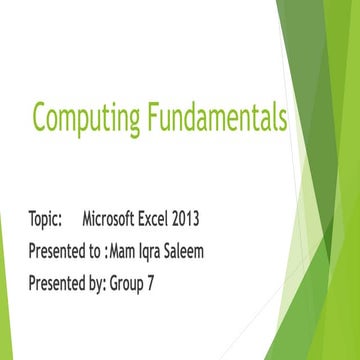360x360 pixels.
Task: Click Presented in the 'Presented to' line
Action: (x=57, y=250)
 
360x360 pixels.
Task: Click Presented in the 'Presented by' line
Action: (x=57, y=282)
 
